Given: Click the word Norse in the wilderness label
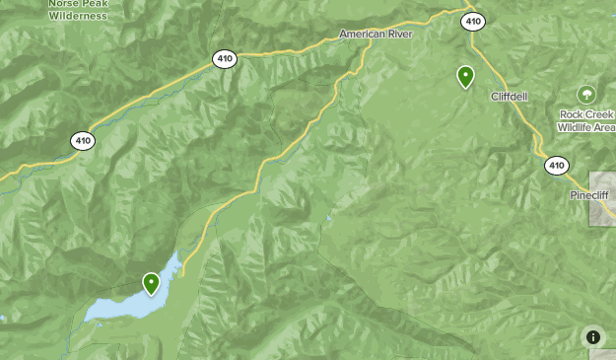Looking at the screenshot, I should (60, 3).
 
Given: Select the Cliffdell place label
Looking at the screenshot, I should (511, 96).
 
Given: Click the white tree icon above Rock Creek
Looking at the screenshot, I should (586, 95).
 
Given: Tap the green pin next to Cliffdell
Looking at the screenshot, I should (465, 75).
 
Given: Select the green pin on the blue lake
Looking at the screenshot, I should (151, 283).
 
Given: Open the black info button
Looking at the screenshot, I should (593, 337).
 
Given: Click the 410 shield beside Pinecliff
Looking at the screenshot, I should (557, 166).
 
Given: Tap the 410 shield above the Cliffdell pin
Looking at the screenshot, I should (474, 20).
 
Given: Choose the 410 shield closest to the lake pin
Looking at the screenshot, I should (83, 141).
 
